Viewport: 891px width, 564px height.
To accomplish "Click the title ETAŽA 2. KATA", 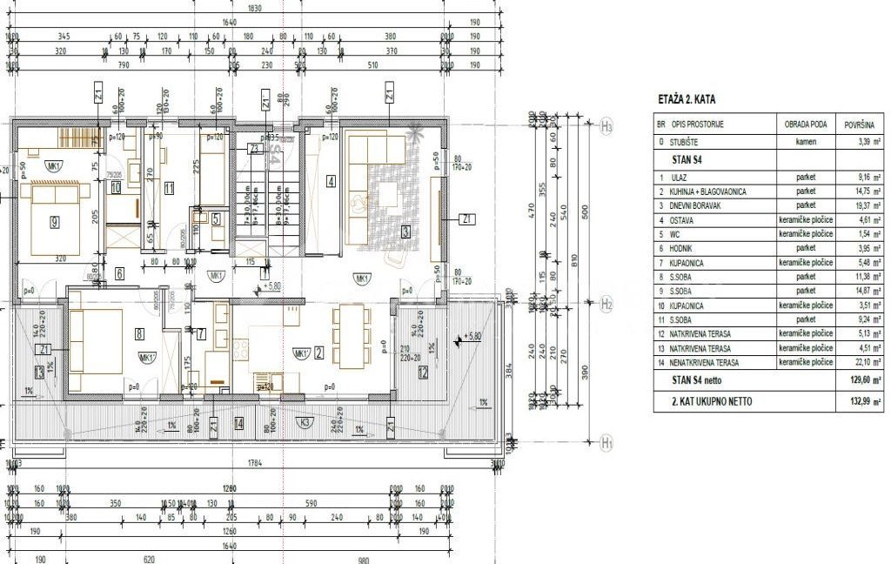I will pyautogui.click(x=687, y=99).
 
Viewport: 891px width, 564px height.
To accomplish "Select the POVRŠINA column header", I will pyautogui.click(x=858, y=125).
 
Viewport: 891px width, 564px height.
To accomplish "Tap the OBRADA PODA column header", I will pyautogui.click(x=799, y=125).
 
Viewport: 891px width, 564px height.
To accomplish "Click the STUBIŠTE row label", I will pyautogui.click(x=687, y=140).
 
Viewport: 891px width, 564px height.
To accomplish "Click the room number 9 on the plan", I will pyautogui.click(x=54, y=222).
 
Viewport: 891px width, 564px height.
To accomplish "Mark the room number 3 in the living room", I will pyautogui.click(x=405, y=232).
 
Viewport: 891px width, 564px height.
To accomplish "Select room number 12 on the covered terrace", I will pyautogui.click(x=423, y=373).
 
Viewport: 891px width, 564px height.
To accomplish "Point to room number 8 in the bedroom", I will pyautogui.click(x=138, y=332).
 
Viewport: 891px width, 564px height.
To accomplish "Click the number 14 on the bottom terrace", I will pyautogui.click(x=238, y=424).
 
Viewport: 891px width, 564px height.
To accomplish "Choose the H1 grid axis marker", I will pyautogui.click(x=607, y=444).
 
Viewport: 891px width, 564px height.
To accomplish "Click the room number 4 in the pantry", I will pyautogui.click(x=331, y=182).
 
